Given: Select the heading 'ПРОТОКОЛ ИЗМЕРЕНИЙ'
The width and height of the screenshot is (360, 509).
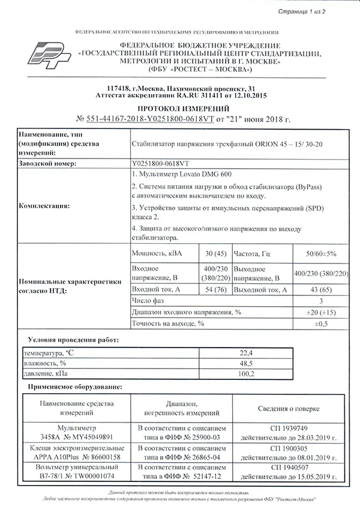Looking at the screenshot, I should click(x=180, y=108).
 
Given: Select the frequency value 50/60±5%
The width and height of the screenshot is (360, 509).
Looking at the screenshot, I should click(x=321, y=253).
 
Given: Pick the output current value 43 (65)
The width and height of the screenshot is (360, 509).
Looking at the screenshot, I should click(x=321, y=290).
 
